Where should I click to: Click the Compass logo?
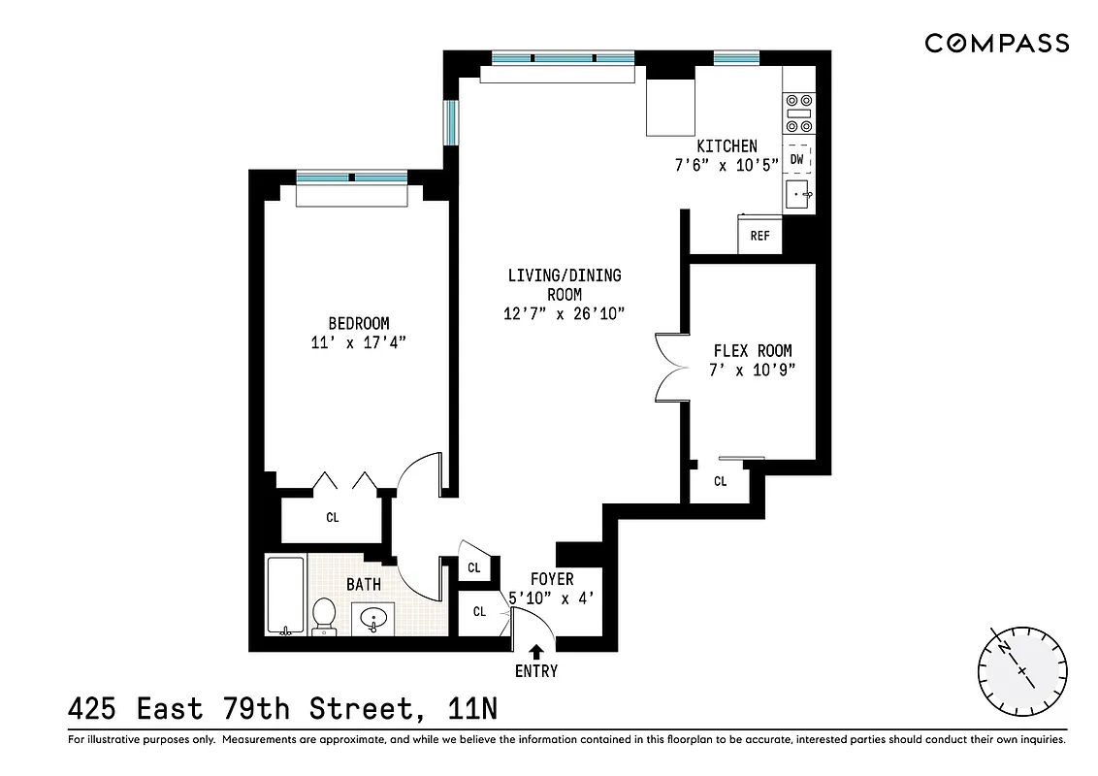click(x=996, y=43)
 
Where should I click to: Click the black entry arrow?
click(x=536, y=653)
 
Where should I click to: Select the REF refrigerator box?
click(x=759, y=236)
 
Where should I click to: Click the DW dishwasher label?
click(x=796, y=159)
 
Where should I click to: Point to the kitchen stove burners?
click(x=798, y=113)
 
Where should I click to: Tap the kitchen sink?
click(x=798, y=195)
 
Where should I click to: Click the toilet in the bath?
click(x=324, y=615)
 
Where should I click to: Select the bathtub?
click(x=285, y=595)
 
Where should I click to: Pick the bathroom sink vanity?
click(x=373, y=617)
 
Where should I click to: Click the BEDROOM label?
click(x=358, y=323)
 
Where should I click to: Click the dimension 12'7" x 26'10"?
click(x=564, y=312)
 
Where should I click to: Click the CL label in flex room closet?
click(x=721, y=481)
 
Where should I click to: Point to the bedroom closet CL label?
click(x=333, y=517)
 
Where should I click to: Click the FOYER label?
click(x=552, y=579)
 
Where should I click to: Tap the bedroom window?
click(x=352, y=178)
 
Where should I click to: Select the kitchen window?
click(x=735, y=58)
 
